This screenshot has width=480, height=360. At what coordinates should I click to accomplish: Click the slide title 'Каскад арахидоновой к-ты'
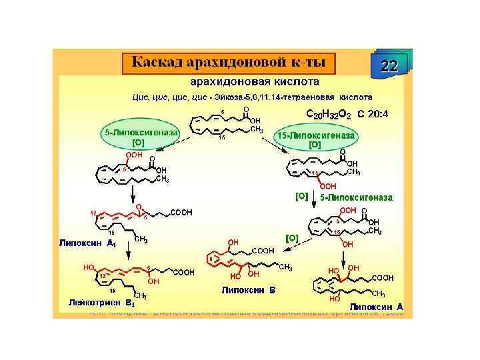click(x=228, y=63)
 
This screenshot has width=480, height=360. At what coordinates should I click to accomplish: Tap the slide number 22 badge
click(x=389, y=65)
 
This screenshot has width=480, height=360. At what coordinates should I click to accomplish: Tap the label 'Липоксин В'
click(x=248, y=291)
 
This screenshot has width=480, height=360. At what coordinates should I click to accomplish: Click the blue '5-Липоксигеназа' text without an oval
click(x=356, y=198)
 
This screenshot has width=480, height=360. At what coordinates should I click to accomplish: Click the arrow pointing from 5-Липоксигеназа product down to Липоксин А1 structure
click(x=135, y=194)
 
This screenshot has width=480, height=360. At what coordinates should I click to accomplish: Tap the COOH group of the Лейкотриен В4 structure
click(x=183, y=272)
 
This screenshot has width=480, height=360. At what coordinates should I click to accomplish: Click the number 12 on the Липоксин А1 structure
click(x=93, y=213)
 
